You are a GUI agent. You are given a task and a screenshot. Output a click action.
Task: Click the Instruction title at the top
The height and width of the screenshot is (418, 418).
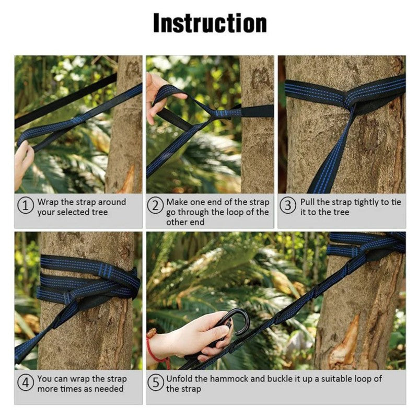coord(210,24)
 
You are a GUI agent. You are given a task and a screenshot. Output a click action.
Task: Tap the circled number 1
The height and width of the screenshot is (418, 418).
coord(26,206)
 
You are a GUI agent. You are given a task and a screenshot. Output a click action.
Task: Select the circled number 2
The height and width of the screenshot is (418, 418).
coord(155,206)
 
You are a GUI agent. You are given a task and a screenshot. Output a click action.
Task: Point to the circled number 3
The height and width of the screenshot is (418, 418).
coord(287,206)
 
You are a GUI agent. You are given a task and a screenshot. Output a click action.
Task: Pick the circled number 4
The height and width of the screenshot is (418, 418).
coord(26,383)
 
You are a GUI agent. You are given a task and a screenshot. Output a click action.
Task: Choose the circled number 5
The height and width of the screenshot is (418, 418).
coord(155,383)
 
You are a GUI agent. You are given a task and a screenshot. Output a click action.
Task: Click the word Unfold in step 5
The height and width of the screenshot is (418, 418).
coord(180,379)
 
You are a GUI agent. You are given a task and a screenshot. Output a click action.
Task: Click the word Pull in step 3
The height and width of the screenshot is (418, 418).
coord(308,202)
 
